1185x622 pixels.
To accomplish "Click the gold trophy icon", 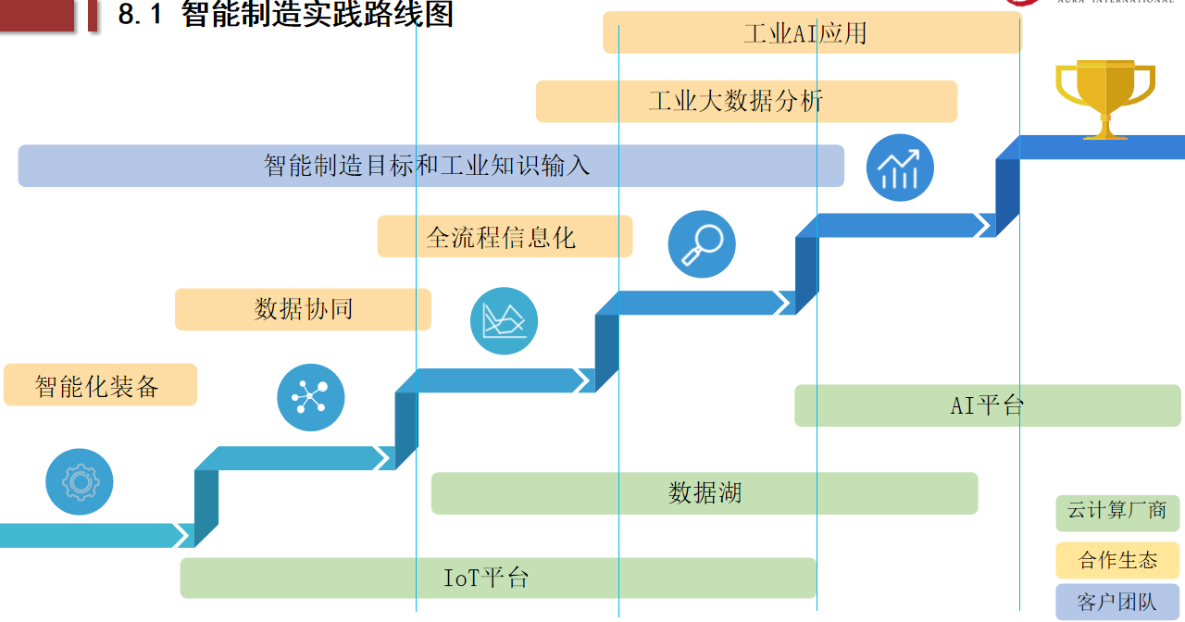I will (1104, 97).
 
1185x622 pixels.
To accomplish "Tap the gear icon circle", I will (80, 481).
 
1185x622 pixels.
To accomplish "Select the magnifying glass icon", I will (702, 244).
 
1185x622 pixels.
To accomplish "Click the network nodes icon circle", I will (310, 397).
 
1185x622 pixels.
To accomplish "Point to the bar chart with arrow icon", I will (900, 168).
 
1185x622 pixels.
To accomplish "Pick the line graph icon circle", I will (504, 321).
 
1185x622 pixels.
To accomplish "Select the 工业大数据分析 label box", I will (746, 101).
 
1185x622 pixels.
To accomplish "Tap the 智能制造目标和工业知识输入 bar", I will (430, 166).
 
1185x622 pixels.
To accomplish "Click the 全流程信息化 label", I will (505, 236).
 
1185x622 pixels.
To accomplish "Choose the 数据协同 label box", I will (303, 309).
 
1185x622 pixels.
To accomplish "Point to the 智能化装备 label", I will (100, 385).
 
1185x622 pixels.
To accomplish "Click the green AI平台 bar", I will (987, 405).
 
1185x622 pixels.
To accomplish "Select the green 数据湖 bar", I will (705, 493).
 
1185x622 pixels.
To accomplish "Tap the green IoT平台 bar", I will (497, 578).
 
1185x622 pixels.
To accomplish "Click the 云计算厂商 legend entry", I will (1117, 512).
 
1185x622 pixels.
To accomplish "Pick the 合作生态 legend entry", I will (1117, 560).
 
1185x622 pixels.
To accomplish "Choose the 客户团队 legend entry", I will (1117, 602).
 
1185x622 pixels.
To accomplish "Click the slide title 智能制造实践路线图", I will (317, 16).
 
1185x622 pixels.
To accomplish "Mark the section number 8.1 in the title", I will (141, 16).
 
